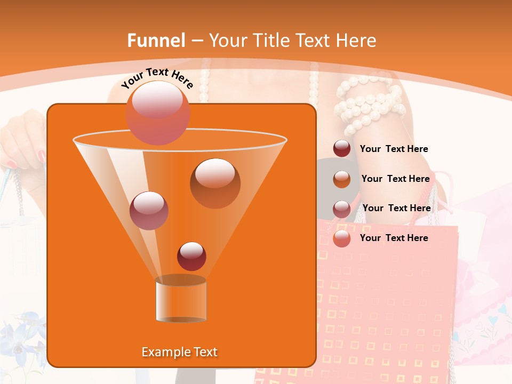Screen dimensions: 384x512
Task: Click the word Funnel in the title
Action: (156, 41)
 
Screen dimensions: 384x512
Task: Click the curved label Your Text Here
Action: (157, 78)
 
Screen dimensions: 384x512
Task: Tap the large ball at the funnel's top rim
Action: (158, 113)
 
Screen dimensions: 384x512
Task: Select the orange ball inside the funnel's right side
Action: (215, 183)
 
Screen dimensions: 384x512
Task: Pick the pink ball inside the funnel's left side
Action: (149, 210)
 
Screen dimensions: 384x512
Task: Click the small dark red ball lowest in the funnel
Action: (191, 256)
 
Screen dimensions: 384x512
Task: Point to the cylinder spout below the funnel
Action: (181, 299)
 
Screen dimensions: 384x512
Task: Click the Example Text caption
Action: (180, 352)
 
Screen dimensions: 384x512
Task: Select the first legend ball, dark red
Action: (342, 149)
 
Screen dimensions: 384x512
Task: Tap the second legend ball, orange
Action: (342, 179)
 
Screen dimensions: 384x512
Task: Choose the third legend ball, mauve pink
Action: (342, 209)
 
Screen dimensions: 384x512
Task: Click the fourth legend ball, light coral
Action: (342, 238)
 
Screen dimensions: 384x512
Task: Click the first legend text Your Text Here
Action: (394, 149)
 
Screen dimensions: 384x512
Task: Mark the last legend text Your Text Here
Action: (394, 238)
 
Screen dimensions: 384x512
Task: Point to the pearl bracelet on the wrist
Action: (368, 104)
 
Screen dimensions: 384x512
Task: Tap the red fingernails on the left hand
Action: (42, 156)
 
